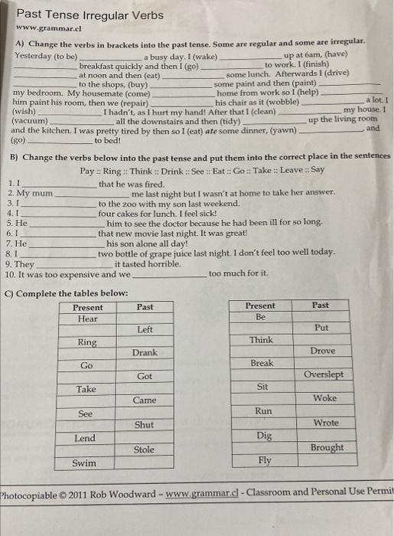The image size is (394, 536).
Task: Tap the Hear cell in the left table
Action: (x=87, y=318)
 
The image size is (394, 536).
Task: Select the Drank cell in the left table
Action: (x=145, y=353)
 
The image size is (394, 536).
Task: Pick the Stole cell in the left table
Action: (x=144, y=449)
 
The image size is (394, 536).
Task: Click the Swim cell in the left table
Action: (x=84, y=462)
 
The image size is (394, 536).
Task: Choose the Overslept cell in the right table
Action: (x=324, y=375)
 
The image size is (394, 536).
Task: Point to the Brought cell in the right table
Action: (x=327, y=447)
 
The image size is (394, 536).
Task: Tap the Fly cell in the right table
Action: (x=265, y=460)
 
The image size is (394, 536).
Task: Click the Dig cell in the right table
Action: (x=264, y=435)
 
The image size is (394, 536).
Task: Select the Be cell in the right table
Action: (x=260, y=317)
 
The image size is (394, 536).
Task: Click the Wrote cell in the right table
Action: (x=326, y=423)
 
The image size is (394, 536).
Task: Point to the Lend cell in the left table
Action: (x=85, y=438)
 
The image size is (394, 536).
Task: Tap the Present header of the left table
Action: (x=88, y=307)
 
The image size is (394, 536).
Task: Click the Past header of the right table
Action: (x=321, y=306)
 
